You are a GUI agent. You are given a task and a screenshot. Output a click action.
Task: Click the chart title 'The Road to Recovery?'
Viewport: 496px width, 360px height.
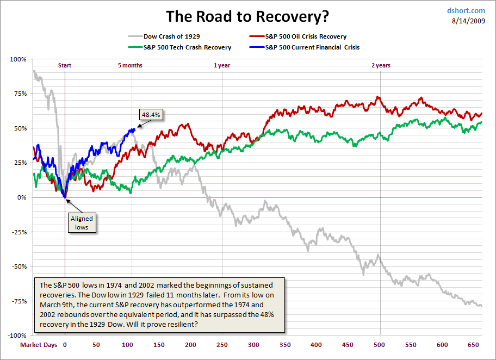(x=247, y=16)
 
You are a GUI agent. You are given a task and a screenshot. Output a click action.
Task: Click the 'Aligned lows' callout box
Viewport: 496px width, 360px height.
(x=82, y=222)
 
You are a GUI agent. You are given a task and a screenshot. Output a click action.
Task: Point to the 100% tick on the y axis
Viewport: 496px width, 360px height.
(x=18, y=59)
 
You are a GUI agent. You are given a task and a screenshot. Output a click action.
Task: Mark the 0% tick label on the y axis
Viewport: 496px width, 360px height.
(x=21, y=197)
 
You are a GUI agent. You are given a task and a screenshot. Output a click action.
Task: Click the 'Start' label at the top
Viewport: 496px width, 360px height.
(x=65, y=65)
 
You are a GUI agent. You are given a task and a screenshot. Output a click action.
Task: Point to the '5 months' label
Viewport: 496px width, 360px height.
(x=130, y=65)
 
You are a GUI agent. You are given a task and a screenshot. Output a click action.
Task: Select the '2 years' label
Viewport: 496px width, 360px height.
(x=381, y=65)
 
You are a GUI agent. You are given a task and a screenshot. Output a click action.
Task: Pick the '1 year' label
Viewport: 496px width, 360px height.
(x=222, y=65)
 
